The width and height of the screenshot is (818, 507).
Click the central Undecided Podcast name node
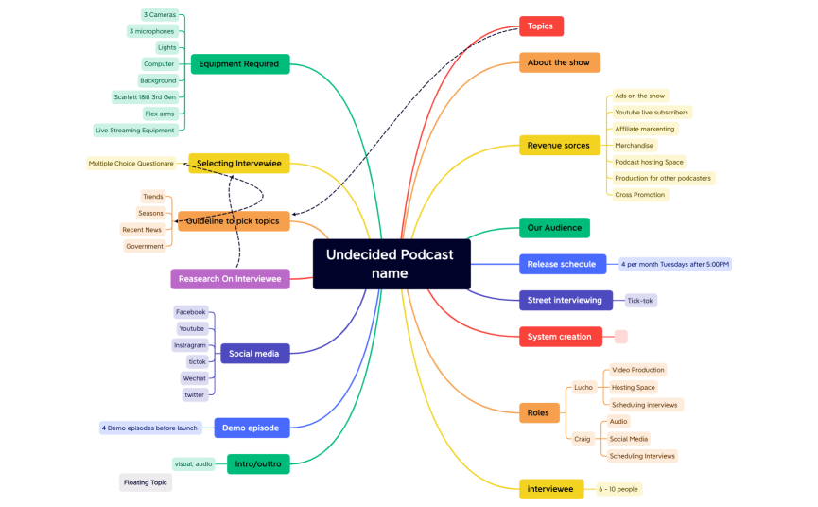pyautogui.click(x=391, y=264)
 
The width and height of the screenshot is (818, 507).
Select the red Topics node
pyautogui.click(x=541, y=26)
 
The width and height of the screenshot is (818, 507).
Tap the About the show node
pyautogui.click(x=559, y=62)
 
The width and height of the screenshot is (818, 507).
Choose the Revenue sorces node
pyautogui.click(x=558, y=146)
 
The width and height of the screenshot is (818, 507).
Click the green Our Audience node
pyautogui.click(x=554, y=228)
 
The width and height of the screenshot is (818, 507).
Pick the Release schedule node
pyautogui.click(x=562, y=264)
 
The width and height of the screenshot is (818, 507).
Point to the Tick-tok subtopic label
pyautogui.click(x=641, y=301)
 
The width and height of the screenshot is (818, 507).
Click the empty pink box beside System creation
pyautogui.click(x=621, y=337)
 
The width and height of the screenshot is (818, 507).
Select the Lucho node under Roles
pyautogui.click(x=583, y=387)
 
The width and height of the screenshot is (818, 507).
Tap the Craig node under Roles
pyautogui.click(x=583, y=438)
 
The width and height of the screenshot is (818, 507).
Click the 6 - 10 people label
pyautogui.click(x=619, y=489)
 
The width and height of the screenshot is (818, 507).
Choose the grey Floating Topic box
pyautogui.click(x=146, y=482)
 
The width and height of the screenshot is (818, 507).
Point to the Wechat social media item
pyautogui.click(x=194, y=378)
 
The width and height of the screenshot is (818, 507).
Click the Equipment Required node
pyautogui.click(x=239, y=64)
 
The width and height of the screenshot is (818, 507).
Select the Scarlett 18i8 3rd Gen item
pyautogui.click(x=145, y=97)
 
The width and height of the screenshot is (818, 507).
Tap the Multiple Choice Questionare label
pyautogui.click(x=131, y=164)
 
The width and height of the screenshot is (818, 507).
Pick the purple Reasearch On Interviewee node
pyautogui.click(x=230, y=278)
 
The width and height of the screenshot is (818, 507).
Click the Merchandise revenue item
pyautogui.click(x=634, y=146)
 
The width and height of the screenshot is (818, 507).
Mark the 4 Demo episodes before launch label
pyautogui.click(x=149, y=428)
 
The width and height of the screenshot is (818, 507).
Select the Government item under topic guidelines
pyautogui.click(x=145, y=246)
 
